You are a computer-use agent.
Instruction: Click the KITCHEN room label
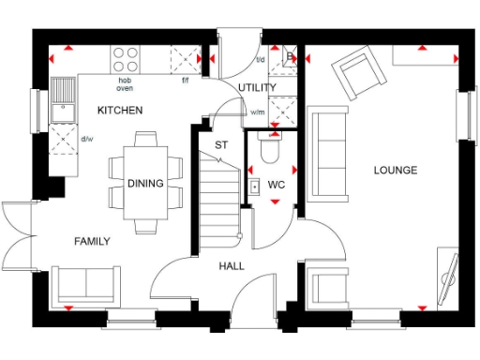point(120,111)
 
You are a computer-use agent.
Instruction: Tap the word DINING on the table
point(145,184)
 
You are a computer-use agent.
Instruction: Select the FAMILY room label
point(92,242)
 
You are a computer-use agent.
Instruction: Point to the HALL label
point(232,266)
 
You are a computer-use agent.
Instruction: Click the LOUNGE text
point(395,170)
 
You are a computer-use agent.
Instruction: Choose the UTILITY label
point(257,88)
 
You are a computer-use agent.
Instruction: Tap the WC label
point(276,185)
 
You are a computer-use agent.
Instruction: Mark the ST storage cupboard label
point(221,145)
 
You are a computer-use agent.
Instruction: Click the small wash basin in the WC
point(254,186)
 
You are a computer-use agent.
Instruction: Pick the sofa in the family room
point(85,282)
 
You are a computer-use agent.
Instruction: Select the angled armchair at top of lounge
point(357,72)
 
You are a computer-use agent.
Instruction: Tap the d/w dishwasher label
point(87,141)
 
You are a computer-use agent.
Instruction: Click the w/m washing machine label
point(257,113)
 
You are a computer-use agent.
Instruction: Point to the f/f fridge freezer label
point(186,81)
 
